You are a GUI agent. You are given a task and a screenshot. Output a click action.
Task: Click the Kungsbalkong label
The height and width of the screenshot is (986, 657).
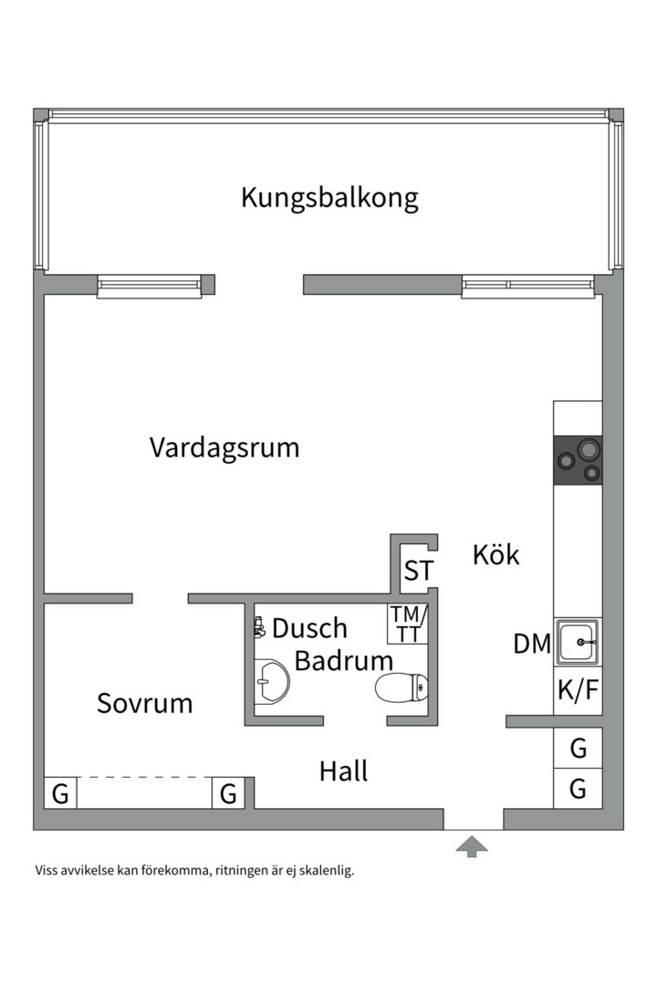click(329, 198)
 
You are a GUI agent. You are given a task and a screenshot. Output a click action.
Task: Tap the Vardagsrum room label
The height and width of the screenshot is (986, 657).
click(224, 448)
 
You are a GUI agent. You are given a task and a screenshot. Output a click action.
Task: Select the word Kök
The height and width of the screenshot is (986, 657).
click(495, 554)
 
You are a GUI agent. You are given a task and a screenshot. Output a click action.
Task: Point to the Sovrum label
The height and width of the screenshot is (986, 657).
click(144, 704)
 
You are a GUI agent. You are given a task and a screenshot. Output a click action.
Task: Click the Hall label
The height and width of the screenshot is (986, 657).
click(343, 771)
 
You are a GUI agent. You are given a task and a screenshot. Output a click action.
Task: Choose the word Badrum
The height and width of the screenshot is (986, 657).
click(343, 661)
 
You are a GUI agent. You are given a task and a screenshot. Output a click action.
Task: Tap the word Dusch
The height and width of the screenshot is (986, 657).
click(309, 628)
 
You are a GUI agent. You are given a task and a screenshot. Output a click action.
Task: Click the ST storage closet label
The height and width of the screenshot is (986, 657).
click(419, 572)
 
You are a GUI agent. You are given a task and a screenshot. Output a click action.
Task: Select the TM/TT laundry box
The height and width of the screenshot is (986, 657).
click(406, 624)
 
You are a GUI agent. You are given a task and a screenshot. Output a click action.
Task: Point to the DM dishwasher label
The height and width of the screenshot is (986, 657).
click(532, 645)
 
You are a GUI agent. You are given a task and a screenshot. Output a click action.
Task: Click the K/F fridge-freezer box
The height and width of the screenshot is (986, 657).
click(578, 690)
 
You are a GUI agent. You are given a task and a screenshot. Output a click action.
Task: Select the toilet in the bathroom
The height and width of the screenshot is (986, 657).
click(401, 687)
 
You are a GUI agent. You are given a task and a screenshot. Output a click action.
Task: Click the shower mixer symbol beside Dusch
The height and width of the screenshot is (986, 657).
click(259, 627)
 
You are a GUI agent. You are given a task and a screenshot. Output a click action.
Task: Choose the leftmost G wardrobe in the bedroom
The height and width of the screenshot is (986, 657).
click(60, 793)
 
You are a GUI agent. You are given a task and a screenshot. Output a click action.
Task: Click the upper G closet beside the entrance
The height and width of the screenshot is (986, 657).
click(578, 749)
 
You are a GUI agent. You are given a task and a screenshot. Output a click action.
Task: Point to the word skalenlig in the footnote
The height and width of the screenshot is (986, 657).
click(323, 870)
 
